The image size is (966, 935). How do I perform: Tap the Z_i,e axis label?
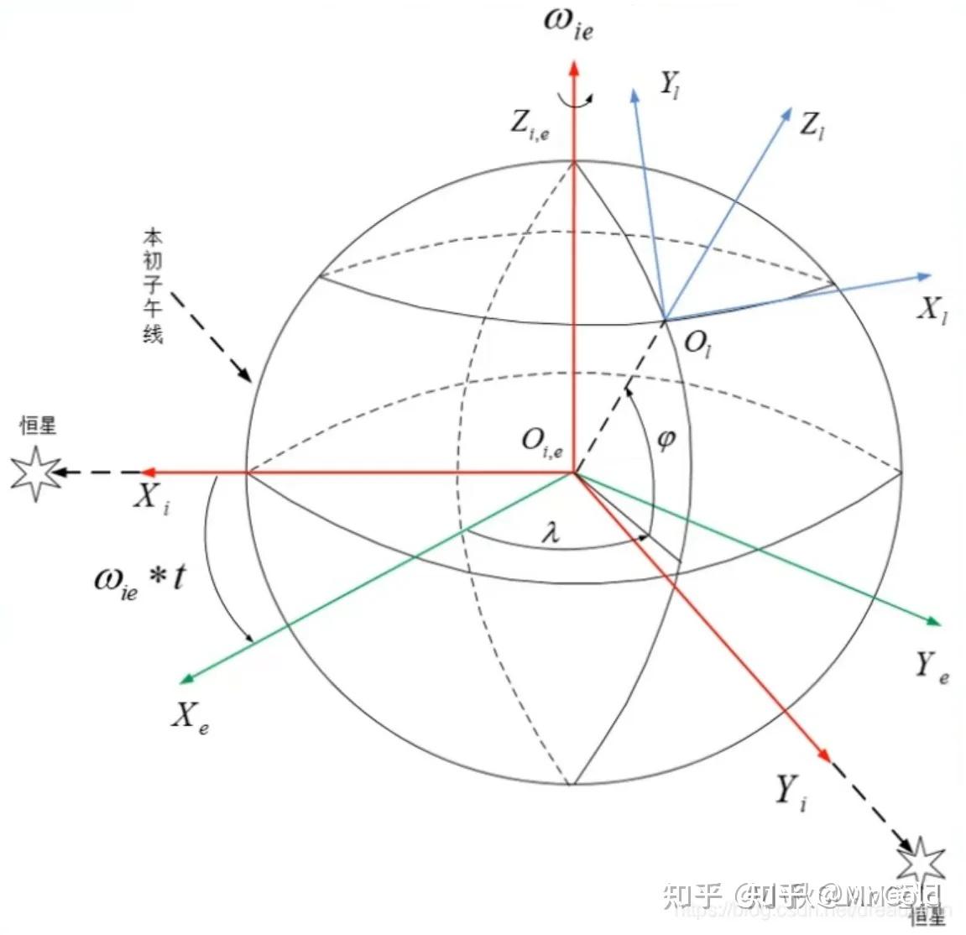pyautogui.click(x=530, y=125)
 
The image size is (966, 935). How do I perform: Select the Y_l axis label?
pyautogui.click(x=669, y=84)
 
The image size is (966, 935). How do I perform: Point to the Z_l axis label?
pyautogui.click(x=812, y=127)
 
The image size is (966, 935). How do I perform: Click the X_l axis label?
pyautogui.click(x=932, y=311)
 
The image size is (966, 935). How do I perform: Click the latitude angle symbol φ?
pyautogui.click(x=666, y=438)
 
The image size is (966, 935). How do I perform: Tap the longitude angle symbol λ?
pyautogui.click(x=551, y=532)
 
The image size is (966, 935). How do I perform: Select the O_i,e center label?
pyautogui.click(x=541, y=441)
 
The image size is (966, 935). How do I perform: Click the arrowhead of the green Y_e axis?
pyautogui.click(x=933, y=621)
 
